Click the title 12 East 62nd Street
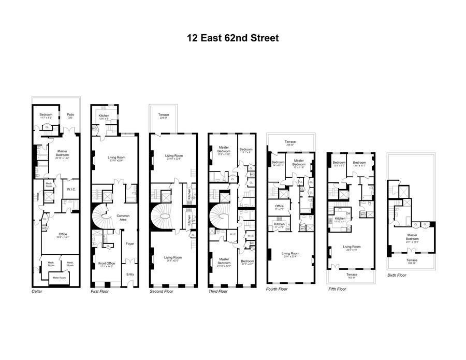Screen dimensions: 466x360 pyautogui.click(x=233, y=38)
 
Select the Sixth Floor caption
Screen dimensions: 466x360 pyautogui.click(x=397, y=275)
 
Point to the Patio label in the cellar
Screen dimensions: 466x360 pyautogui.click(x=70, y=116)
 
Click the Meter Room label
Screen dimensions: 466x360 pyautogui.click(x=60, y=278)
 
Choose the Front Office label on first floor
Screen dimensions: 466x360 pyautogui.click(x=106, y=264)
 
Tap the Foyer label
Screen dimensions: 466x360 pyautogui.click(x=130, y=244)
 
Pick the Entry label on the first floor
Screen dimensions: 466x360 pyautogui.click(x=129, y=274)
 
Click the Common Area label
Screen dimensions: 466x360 pyautogui.click(x=123, y=217)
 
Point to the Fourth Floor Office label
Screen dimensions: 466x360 pyautogui.click(x=279, y=207)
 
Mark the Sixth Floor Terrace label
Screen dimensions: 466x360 pyautogui.click(x=412, y=262)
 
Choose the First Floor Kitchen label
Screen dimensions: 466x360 pyautogui.click(x=104, y=117)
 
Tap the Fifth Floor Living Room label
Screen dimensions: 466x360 pyautogui.click(x=352, y=248)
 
